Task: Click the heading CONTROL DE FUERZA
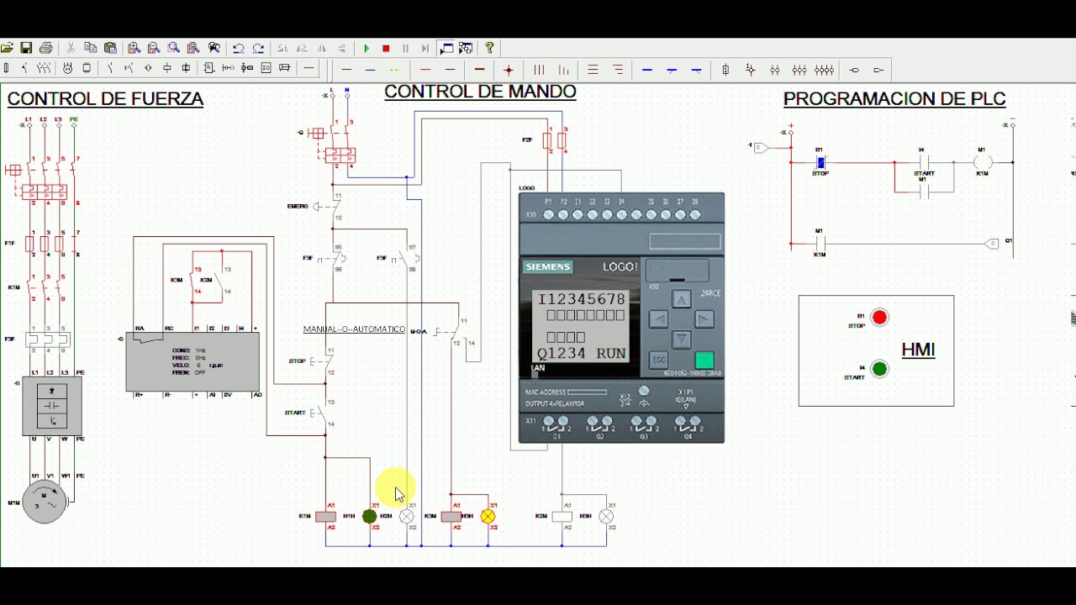pyautogui.click(x=105, y=99)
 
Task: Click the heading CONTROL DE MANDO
pyautogui.click(x=480, y=92)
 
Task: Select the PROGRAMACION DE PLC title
pyautogui.click(x=894, y=99)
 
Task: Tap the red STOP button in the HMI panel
pyautogui.click(x=879, y=318)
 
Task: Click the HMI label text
pyautogui.click(x=918, y=350)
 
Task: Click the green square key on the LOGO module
pyautogui.click(x=704, y=360)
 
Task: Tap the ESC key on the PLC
pyautogui.click(x=659, y=360)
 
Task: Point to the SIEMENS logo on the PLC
pyautogui.click(x=548, y=267)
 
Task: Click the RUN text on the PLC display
pyautogui.click(x=611, y=354)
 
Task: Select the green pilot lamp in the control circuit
pyautogui.click(x=370, y=517)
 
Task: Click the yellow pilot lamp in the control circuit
pyautogui.click(x=488, y=517)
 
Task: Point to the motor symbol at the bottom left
pyautogui.click(x=44, y=502)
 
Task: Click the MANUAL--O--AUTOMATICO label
pyautogui.click(x=354, y=329)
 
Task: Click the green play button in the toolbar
pyautogui.click(x=367, y=49)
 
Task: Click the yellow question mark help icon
pyautogui.click(x=489, y=48)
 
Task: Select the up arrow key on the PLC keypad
pyautogui.click(x=682, y=299)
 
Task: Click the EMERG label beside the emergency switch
pyautogui.click(x=298, y=206)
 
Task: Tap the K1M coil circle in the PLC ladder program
pyautogui.click(x=983, y=162)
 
